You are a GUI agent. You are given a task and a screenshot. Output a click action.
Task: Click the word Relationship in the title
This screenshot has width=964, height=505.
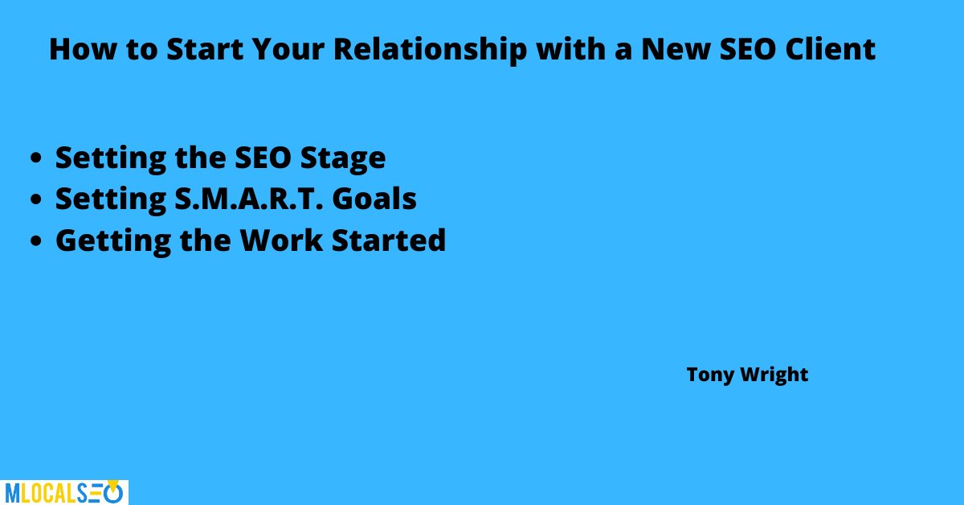point(431,51)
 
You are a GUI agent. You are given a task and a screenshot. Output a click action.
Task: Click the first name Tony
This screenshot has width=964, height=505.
point(710,375)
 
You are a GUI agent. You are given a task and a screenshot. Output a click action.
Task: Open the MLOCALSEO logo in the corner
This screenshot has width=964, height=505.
point(63,492)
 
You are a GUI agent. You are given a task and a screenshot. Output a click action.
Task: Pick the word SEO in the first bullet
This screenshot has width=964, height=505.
point(263,158)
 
